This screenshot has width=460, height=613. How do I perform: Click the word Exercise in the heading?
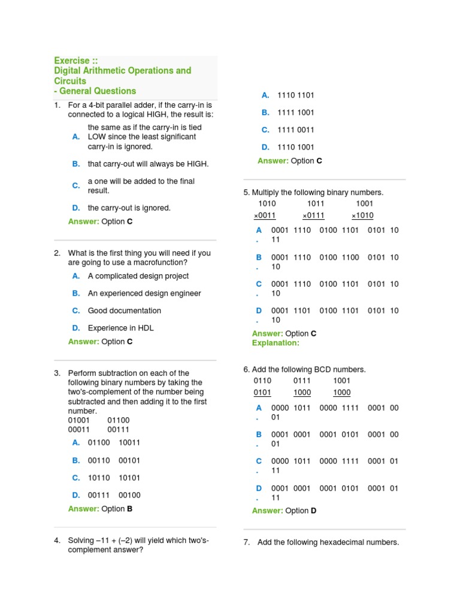coord(72,60)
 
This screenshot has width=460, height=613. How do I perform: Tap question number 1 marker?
coord(57,105)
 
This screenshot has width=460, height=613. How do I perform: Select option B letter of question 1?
coord(76,163)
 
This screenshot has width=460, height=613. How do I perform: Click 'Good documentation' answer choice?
coord(124,311)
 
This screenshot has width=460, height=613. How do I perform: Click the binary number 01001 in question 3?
coord(79,420)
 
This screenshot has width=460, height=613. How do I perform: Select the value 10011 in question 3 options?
coord(129,442)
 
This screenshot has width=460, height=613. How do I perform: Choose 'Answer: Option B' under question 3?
coord(100,509)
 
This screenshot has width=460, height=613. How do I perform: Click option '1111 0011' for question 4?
coord(296,130)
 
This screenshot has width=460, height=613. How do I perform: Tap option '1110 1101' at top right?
coord(296,95)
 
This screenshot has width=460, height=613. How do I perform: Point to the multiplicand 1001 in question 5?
coord(364,204)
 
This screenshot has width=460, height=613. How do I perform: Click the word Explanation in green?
coord(276,343)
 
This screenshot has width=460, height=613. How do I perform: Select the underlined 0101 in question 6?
coord(262,393)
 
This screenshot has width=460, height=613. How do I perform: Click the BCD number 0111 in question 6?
coord(302,381)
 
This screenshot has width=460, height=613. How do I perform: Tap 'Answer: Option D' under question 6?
coord(284,511)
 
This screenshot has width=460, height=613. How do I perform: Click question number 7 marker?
coord(247,542)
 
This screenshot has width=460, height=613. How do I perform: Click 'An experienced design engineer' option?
coord(144,293)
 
